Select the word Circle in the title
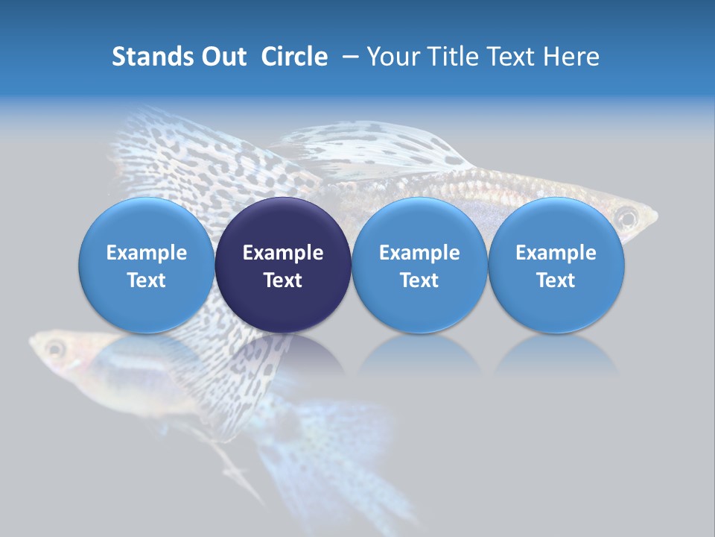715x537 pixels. (x=294, y=57)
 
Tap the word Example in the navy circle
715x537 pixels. (x=283, y=253)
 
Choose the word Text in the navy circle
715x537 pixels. (x=283, y=280)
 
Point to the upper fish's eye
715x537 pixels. (x=626, y=218)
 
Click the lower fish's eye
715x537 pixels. (x=54, y=348)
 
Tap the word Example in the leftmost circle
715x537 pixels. (x=147, y=253)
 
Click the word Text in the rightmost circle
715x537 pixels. (x=556, y=280)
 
